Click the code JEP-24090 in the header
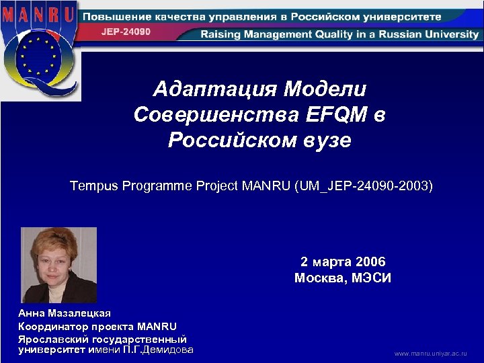point(126,32)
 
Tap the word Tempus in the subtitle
point(93,186)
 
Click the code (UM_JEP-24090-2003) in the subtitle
point(364,186)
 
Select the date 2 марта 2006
point(343,261)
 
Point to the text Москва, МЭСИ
point(343,278)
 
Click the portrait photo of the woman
point(58,264)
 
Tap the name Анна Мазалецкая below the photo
point(65,313)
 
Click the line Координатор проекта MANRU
point(97,326)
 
